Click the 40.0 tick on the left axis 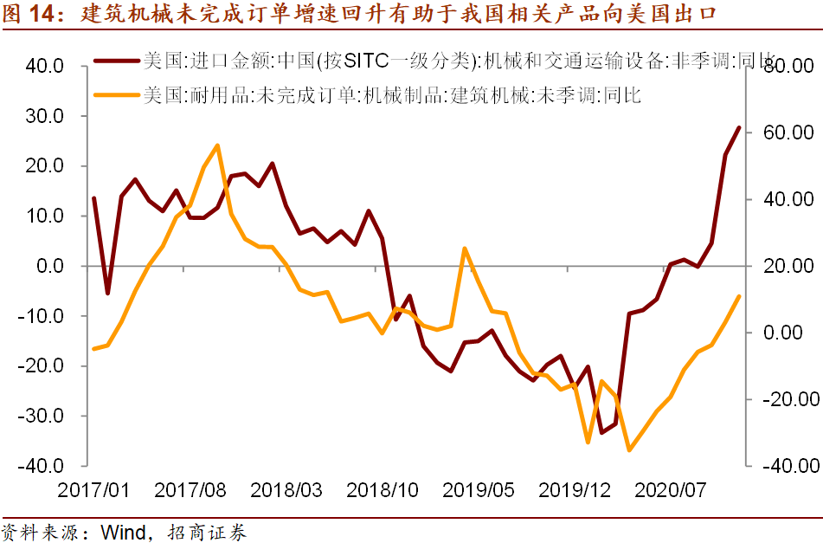coord(40,66)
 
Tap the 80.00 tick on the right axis coord(787,67)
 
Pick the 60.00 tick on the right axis coord(787,133)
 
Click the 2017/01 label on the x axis coord(93,490)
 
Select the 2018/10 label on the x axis coord(382,490)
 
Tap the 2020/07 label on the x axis coord(670,490)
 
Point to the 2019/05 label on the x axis coord(478,490)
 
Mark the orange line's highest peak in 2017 coord(216,145)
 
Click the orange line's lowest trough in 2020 coord(629,450)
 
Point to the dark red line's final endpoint coord(739,127)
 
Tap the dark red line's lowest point coord(601,432)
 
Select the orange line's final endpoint coord(739,296)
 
